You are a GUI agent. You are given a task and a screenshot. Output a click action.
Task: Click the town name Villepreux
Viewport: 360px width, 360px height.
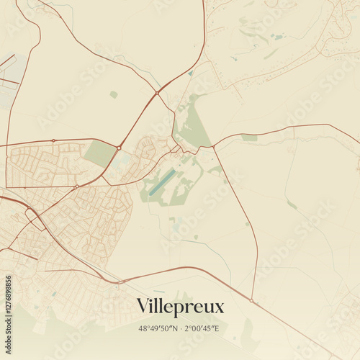[x=180, y=306]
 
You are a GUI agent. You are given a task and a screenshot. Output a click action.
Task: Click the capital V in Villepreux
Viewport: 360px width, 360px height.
[x=143, y=306]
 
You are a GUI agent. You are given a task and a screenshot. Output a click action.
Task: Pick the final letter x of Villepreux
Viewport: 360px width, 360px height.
[x=220, y=307]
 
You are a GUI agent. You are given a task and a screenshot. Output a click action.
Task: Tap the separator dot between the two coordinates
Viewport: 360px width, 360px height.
[x=181, y=328]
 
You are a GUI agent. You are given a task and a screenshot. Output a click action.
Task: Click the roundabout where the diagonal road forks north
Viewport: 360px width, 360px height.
[x=157, y=93]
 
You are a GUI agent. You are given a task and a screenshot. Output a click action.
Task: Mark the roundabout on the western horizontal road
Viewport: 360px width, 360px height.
[x=53, y=140]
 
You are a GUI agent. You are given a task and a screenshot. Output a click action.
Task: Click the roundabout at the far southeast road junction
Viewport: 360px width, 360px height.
[x=251, y=300]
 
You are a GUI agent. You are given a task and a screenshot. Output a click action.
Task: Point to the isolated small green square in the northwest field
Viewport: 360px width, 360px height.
[x=113, y=94]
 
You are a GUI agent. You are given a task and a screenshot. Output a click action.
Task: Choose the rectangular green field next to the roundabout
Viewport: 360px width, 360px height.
[x=99, y=153]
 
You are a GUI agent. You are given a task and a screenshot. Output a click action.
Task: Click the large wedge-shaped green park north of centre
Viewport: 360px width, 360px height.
[x=192, y=126]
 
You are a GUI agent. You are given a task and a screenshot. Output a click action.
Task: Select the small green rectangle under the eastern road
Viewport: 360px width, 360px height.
[x=249, y=138]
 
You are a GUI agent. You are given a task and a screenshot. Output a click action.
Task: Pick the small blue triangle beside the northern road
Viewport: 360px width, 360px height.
[x=190, y=73]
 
